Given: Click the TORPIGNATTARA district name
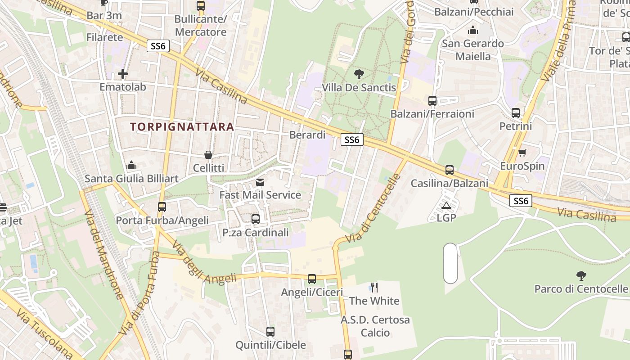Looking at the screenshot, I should point(182,127).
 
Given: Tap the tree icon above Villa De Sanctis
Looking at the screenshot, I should point(359,74).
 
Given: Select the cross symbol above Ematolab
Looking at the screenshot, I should point(122,73).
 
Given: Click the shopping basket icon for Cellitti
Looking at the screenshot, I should point(208,155).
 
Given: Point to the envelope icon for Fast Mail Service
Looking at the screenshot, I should point(260,182).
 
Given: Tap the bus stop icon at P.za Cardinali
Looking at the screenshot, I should point(255,219).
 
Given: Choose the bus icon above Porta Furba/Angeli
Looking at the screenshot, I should point(162,207).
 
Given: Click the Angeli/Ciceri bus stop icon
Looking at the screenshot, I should point(312,279).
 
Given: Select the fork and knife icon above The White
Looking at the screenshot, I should point(374,288).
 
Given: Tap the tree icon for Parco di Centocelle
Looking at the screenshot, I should point(581,275).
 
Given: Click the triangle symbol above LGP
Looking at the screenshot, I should point(446,206).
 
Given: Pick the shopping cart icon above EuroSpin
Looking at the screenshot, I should point(522,153).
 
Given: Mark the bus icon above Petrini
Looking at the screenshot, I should point(516,113).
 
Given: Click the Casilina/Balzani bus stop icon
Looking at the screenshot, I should point(449,170).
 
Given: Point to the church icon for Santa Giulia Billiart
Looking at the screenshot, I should point(131,166).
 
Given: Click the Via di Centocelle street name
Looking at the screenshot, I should point(372,208).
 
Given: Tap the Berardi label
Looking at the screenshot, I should point(307,135).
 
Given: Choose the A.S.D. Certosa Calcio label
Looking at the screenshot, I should point(375,326).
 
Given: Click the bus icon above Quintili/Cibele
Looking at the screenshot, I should point(270,332).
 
